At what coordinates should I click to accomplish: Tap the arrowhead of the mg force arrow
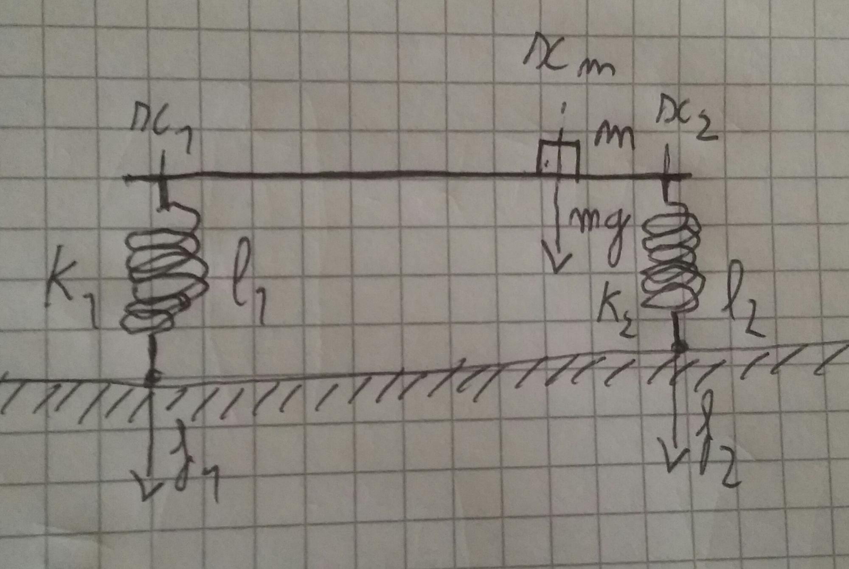click(556, 263)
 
